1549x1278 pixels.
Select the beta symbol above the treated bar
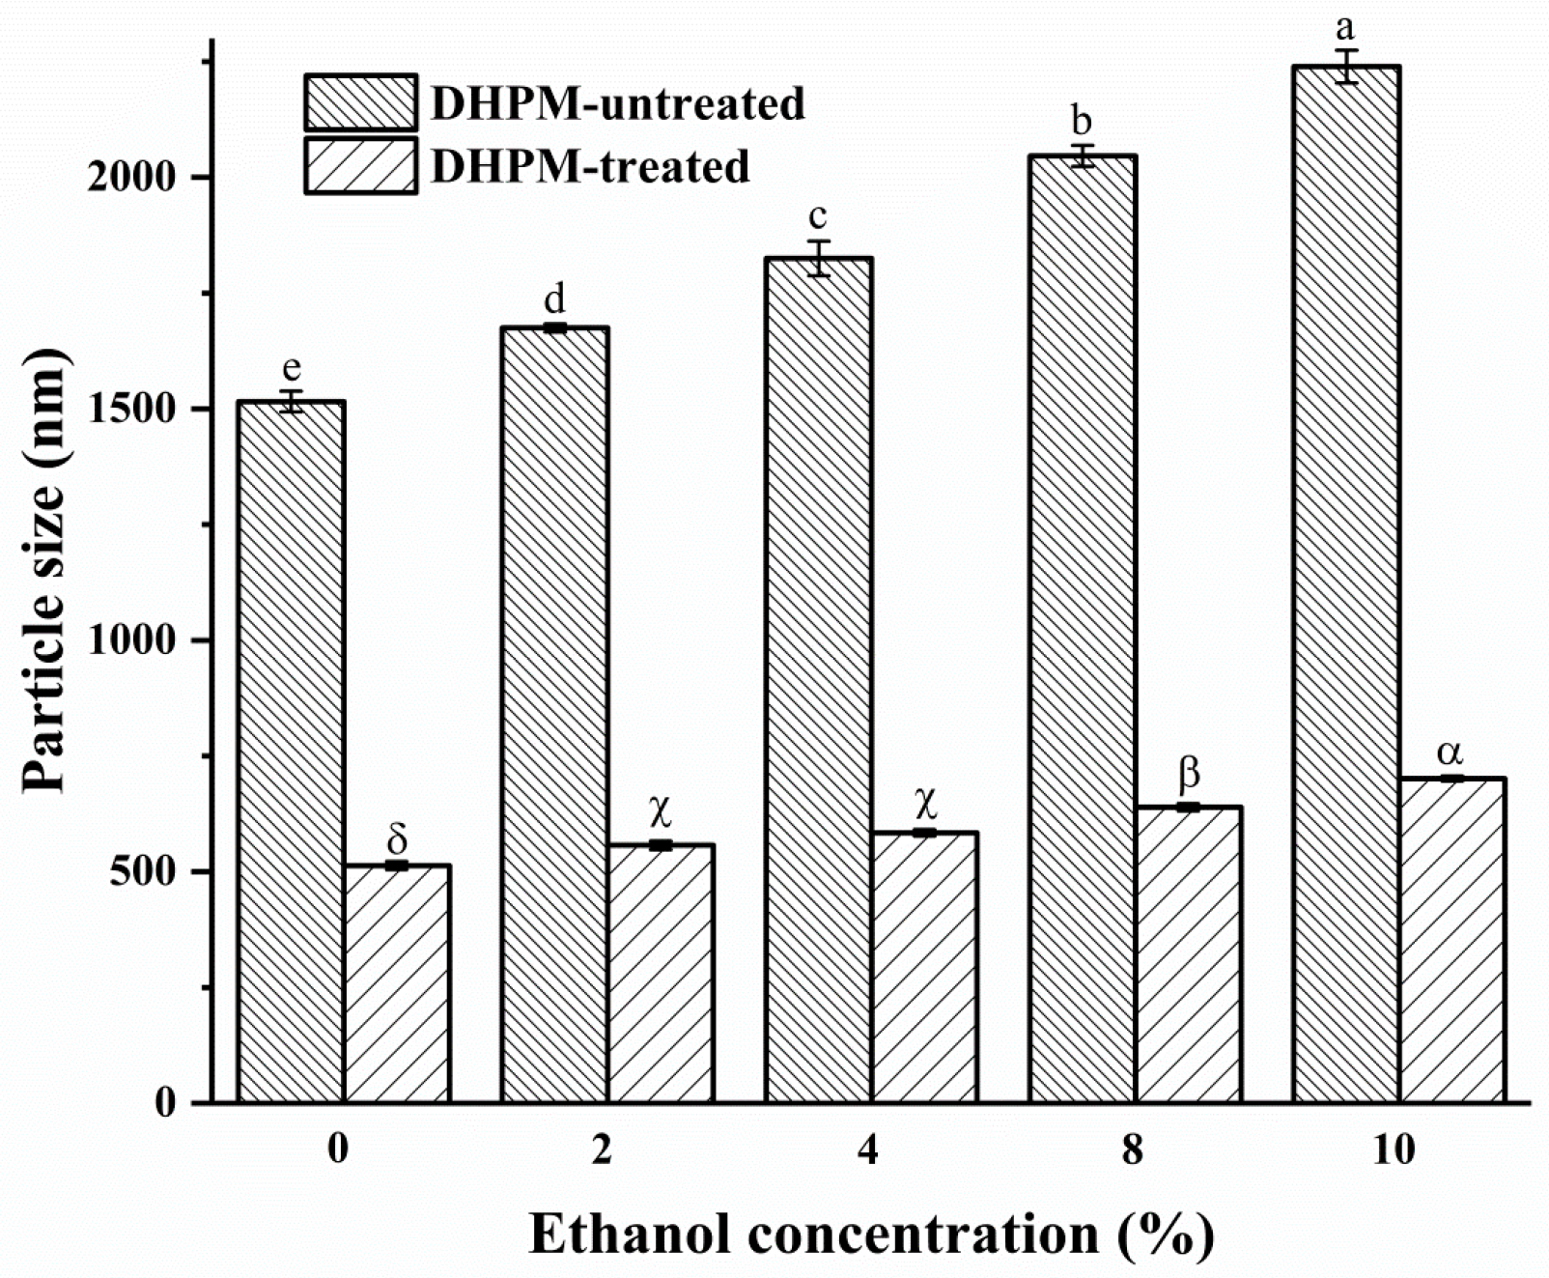[1190, 774]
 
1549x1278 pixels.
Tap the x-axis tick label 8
[1134, 1150]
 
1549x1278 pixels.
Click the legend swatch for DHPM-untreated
[360, 102]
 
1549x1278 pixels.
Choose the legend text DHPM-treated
[589, 167]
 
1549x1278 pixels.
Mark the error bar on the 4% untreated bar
[819, 258]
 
